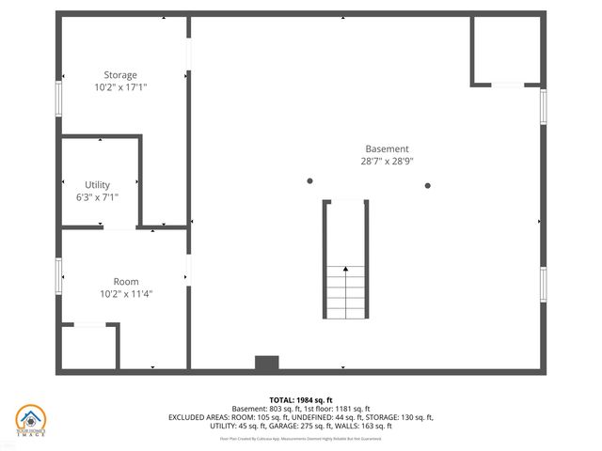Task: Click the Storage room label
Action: tap(120, 75)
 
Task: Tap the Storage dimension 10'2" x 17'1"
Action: tap(120, 87)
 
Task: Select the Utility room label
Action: tap(97, 185)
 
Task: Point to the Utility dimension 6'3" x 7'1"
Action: tap(97, 197)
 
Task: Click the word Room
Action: tap(126, 282)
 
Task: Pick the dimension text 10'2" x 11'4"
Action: tap(126, 294)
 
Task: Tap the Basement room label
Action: tap(388, 148)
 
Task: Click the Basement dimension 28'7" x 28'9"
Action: tap(388, 161)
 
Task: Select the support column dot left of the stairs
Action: tap(309, 181)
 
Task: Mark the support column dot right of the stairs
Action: tap(428, 185)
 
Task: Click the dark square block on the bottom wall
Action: tap(267, 363)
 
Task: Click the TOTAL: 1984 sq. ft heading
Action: tap(301, 399)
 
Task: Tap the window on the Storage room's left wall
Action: tap(59, 99)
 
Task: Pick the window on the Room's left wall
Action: tap(59, 272)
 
